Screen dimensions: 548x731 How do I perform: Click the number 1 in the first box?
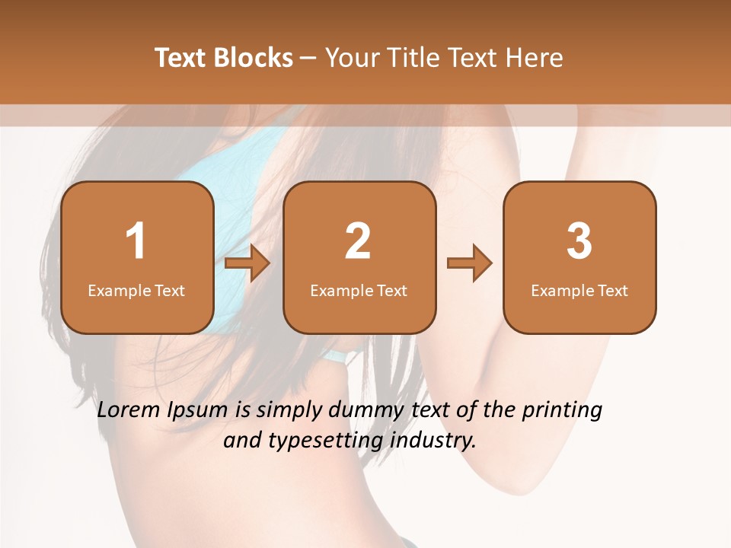click(x=136, y=241)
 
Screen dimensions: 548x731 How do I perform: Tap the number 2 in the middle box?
click(x=358, y=241)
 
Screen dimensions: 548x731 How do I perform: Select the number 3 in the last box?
click(x=579, y=241)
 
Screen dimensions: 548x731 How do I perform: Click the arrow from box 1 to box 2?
click(x=247, y=263)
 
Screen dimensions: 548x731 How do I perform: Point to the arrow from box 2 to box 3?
click(x=469, y=263)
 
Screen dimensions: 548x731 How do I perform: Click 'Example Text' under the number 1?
click(x=136, y=291)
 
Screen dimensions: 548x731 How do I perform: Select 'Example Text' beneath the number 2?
click(x=359, y=291)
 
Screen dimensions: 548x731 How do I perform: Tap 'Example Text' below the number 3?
click(x=579, y=291)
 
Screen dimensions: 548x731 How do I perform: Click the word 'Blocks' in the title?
click(x=254, y=58)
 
